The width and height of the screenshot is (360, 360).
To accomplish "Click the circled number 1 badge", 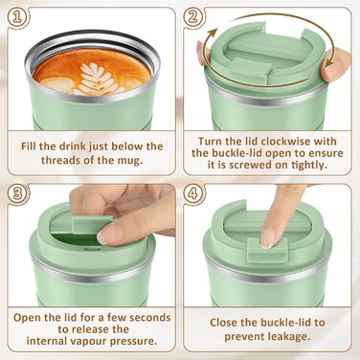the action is pos(17,17).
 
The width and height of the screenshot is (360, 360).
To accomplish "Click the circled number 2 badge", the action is pos(193,17).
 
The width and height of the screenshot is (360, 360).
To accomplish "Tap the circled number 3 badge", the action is pos(17,193).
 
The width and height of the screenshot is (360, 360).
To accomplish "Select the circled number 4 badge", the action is pos(193,193).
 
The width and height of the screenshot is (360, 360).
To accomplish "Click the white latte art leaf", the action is pos(98,79).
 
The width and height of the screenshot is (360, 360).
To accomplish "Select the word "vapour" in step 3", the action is pos(87,341).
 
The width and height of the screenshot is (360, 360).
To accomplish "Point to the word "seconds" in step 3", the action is pos(150,318).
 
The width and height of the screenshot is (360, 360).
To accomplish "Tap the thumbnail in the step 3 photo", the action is pos(109,233).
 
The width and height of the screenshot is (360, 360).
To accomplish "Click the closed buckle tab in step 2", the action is pos(250,66).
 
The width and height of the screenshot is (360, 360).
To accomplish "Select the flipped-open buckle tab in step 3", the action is pos(93,223).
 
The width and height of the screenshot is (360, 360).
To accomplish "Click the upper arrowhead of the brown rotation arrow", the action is pos(212,34).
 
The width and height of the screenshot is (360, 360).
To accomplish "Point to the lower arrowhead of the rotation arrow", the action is pos(328,61).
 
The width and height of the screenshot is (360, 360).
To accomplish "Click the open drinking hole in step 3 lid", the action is pos(74,239).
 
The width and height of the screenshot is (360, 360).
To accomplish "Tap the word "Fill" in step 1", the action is pos(30,146).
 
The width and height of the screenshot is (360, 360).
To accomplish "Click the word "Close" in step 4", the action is pos(224,323).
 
